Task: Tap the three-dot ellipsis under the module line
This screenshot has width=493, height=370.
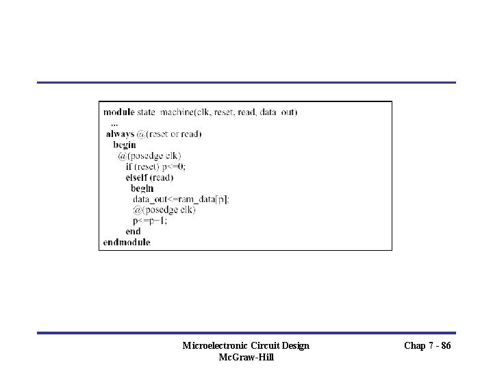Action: click(114, 123)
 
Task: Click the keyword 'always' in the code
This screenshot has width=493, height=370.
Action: click(120, 134)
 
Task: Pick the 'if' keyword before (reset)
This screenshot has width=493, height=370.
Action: click(129, 166)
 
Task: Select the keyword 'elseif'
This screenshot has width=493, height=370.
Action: click(137, 177)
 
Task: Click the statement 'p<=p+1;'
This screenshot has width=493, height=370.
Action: click(150, 221)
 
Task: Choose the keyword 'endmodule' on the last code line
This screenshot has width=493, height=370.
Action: click(127, 242)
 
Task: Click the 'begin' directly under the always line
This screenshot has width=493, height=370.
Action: click(125, 145)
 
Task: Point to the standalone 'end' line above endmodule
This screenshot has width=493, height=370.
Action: click(133, 232)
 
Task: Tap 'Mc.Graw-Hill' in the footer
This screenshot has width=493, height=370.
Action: click(246, 357)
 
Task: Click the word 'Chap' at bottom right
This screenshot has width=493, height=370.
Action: click(415, 345)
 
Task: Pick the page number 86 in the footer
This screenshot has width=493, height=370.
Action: click(445, 345)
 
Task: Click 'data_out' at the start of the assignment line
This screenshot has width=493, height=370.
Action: click(149, 199)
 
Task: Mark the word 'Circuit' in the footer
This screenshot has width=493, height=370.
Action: click(264, 345)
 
